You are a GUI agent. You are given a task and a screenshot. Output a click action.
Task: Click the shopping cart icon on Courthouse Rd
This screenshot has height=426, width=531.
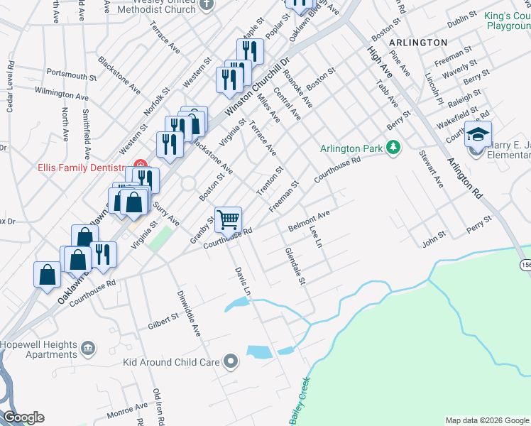tap(228, 220)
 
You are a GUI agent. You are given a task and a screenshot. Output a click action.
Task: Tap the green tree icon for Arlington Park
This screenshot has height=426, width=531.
tap(393, 148)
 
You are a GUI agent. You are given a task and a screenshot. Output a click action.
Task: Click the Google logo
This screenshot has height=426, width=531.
tap(23, 417)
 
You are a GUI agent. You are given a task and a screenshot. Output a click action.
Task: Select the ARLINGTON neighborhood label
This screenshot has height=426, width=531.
tap(418, 43)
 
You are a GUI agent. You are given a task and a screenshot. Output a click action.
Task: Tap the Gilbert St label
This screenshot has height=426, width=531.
tap(163, 320)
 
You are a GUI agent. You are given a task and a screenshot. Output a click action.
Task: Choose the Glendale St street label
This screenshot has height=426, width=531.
tap(295, 266)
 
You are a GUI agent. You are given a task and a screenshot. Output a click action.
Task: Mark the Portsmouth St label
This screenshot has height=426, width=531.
tap(71, 74)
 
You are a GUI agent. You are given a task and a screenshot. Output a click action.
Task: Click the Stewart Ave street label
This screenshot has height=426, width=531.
tap(431, 169)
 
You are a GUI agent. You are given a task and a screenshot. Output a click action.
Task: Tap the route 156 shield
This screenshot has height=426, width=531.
tap(525, 264)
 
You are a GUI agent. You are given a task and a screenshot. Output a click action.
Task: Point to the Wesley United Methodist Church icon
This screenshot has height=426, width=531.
tap(207, 4)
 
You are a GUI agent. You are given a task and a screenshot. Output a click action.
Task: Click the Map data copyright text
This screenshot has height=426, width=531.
tap(486, 420)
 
